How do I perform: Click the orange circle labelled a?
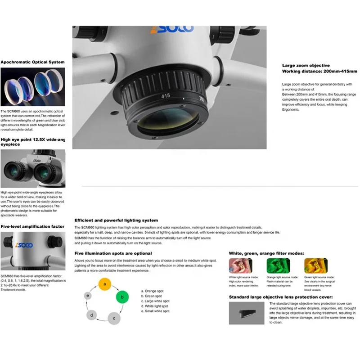(x=105, y=284)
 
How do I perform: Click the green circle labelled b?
(x=122, y=297)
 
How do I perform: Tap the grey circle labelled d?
(x=92, y=315)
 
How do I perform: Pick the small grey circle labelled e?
(x=88, y=296)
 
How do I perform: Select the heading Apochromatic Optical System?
(x=32, y=62)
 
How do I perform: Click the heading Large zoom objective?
(x=306, y=65)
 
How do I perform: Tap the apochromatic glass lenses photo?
(x=32, y=87)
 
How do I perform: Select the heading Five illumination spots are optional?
(x=113, y=253)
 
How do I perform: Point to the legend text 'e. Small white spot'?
(x=155, y=311)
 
